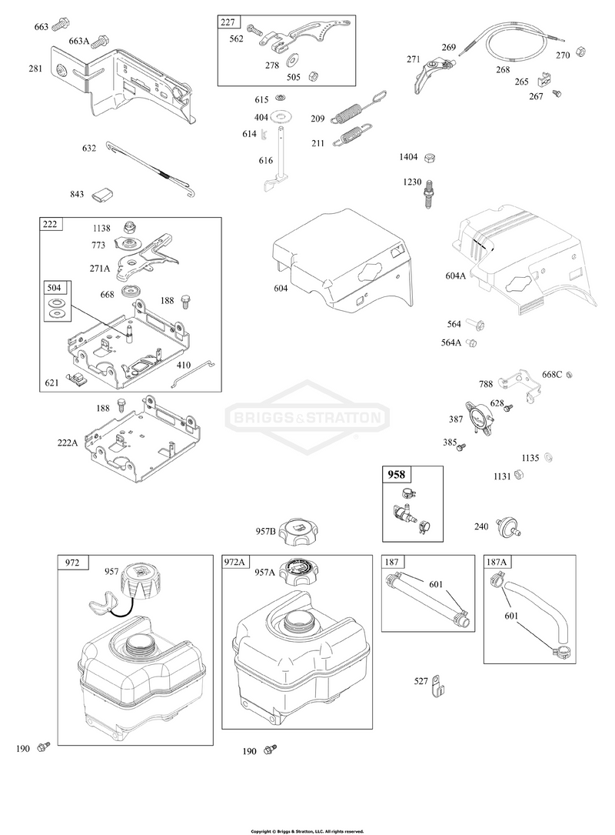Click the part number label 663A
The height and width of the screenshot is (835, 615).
tap(78, 41)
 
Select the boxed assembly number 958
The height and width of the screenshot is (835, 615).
tap(397, 475)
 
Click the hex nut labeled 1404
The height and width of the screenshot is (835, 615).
tap(432, 157)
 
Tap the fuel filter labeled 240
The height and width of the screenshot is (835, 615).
tap(508, 526)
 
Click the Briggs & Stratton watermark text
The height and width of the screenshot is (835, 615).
tap(307, 417)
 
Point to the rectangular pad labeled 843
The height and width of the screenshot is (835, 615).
tap(102, 195)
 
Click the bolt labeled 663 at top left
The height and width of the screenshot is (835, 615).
tap(61, 24)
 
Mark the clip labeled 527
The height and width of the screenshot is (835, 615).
tap(437, 684)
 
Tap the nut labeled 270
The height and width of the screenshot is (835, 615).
tap(580, 52)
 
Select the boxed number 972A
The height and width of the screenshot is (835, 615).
tap(234, 562)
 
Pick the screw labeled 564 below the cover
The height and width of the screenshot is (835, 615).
tap(475, 322)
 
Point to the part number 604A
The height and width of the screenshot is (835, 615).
tap(455, 276)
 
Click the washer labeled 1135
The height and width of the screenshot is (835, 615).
tap(548, 457)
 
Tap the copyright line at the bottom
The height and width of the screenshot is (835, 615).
tap(307, 830)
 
